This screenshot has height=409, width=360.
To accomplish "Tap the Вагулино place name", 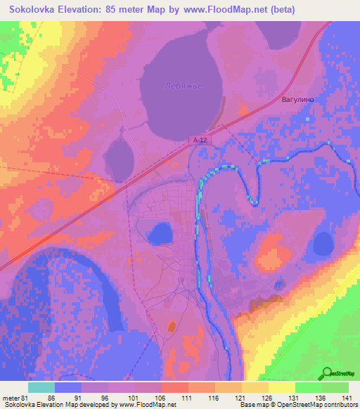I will coord(297,100).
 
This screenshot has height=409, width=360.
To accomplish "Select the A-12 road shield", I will coord(200,141).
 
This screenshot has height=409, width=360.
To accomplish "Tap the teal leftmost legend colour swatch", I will coord(41,387).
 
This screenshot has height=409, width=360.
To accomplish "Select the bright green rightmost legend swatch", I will coord(335,387).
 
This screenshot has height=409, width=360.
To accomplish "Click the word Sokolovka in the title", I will coord(38,10).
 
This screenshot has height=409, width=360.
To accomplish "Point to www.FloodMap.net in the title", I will coord(227,10).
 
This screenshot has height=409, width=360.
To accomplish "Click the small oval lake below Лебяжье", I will coord(122,152).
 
